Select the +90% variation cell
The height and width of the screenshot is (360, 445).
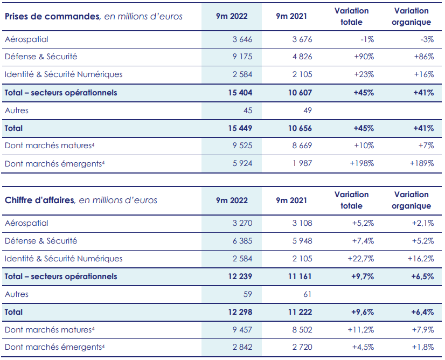(364, 57)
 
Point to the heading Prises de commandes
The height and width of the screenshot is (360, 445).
(52, 16)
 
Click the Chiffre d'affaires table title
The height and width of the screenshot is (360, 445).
(39, 200)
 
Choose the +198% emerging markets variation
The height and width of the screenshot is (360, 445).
(361, 163)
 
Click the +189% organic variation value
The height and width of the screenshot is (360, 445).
(421, 163)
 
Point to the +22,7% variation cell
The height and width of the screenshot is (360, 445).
(360, 259)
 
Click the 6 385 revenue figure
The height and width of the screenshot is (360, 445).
(241, 241)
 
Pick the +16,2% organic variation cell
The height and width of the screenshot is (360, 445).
(420, 259)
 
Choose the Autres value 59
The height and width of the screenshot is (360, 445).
(247, 294)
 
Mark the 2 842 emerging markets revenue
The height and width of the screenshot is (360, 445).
(241, 347)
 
